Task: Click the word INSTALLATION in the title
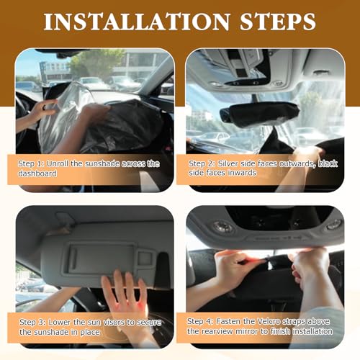click(x=137, y=22)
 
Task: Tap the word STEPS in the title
click(x=278, y=22)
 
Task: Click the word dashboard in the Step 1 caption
click(x=37, y=174)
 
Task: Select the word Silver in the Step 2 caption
click(x=228, y=163)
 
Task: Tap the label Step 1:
click(x=31, y=164)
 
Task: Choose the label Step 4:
click(x=200, y=321)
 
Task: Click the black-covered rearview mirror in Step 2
click(x=260, y=114)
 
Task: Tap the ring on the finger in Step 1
click(x=45, y=108)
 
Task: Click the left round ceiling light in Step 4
click(x=223, y=227)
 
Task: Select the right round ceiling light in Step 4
click(x=334, y=225)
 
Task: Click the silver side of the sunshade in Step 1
click(x=63, y=115)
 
